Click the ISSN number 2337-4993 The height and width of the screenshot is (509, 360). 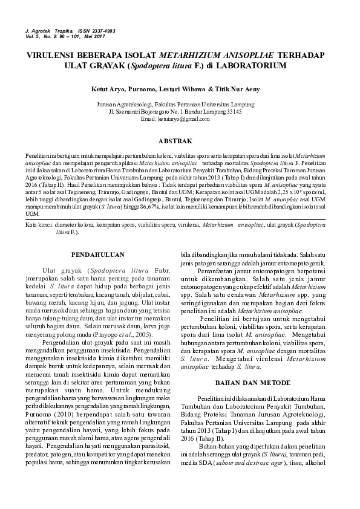point(102,30)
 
